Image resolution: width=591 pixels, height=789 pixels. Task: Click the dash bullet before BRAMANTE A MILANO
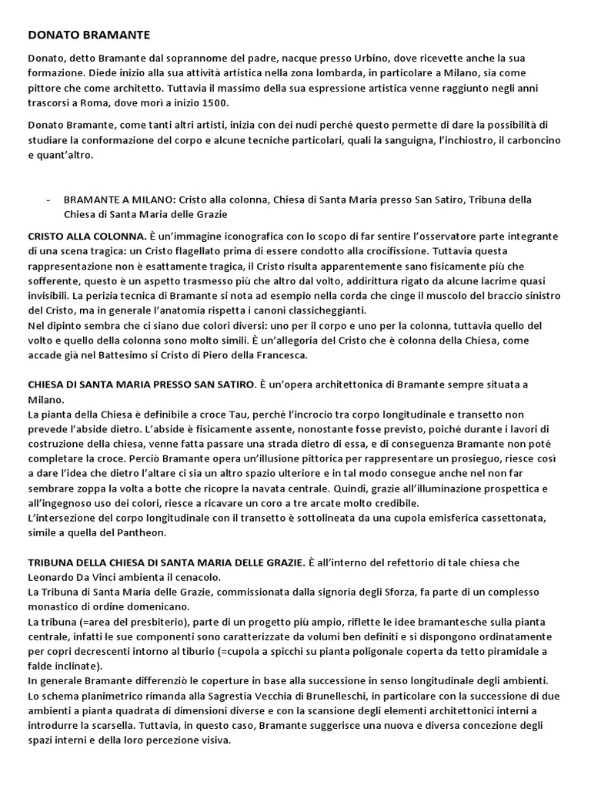[x=48, y=200]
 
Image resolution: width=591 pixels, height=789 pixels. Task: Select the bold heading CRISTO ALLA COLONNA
[x=87, y=236]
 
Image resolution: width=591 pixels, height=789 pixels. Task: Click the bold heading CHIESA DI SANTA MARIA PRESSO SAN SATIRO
[x=141, y=384]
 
